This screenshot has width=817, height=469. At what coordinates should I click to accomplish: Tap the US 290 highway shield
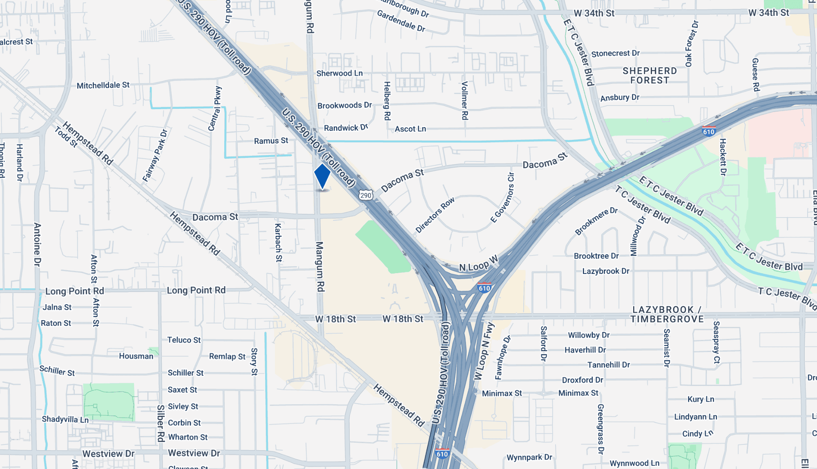[x=366, y=195]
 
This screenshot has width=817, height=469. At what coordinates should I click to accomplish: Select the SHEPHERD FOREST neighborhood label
[x=650, y=76]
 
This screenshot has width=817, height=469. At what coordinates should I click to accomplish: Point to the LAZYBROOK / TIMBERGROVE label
[x=667, y=314]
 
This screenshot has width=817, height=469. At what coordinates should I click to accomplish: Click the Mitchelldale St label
[x=103, y=85]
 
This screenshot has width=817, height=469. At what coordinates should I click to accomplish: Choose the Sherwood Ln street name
[x=339, y=73]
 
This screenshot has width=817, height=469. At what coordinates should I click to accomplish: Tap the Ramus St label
[x=271, y=141]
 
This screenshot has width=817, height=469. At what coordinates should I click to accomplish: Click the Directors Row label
[x=435, y=215]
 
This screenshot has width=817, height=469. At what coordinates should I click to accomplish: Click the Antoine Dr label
[x=38, y=245]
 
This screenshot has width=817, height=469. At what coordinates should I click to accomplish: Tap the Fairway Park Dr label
[x=155, y=155]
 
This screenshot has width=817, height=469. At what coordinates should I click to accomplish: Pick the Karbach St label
[x=278, y=242]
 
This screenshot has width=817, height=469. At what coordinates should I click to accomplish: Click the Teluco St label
[x=184, y=340]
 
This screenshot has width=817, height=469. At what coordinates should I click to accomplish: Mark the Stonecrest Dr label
[x=615, y=53]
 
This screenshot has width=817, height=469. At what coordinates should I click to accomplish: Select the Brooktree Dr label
[x=596, y=256]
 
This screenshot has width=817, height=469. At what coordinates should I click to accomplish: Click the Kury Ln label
[x=701, y=399]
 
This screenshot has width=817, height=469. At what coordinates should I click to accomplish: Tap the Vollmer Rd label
[x=464, y=101]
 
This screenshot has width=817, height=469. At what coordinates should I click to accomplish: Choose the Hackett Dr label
[x=723, y=157]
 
